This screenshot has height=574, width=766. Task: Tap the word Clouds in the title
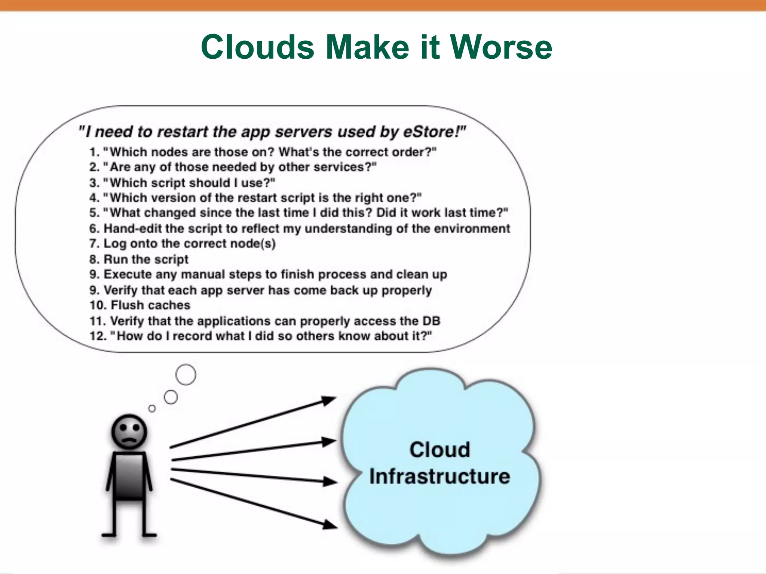pos(257,47)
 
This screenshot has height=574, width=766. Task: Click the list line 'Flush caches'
pos(140,305)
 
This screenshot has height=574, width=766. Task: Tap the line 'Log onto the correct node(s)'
pos(183,243)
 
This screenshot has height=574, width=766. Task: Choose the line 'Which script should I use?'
pos(182,183)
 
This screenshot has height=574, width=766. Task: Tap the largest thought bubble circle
pos(186,374)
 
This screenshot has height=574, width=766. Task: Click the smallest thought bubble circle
pos(152,408)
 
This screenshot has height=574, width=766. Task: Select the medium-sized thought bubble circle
pos(171,397)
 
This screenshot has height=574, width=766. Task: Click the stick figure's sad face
pos(129,432)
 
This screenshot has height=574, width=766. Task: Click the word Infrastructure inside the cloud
pos(439,476)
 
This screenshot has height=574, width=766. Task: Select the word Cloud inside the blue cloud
pos(439,449)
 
